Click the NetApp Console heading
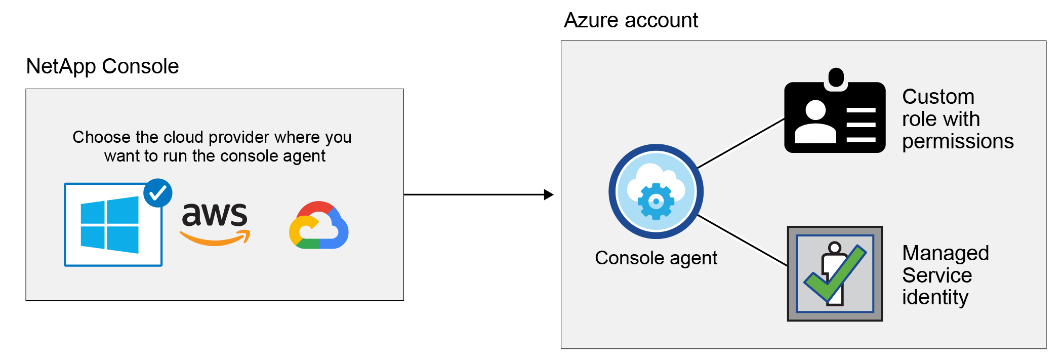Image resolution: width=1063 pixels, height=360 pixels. point(102,66)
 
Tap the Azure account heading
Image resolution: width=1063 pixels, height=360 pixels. point(631,20)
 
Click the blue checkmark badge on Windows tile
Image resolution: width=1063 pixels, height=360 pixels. point(158,193)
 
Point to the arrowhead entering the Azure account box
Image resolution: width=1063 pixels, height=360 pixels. point(549,194)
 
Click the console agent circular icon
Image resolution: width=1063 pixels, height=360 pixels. point(656,191)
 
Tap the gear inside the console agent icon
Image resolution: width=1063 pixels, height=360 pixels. point(656,202)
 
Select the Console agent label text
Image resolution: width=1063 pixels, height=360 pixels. point(656,258)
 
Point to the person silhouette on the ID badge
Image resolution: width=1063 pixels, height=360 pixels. point(815,122)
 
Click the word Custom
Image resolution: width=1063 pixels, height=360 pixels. point(938,97)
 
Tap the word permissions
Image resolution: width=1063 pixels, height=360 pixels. point(958,141)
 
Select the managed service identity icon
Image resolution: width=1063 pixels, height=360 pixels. point(835,273)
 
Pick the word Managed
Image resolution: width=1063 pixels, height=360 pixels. point(945,253)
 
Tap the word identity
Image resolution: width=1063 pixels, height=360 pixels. point(935,297)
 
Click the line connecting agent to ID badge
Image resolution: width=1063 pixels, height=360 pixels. point(741,143)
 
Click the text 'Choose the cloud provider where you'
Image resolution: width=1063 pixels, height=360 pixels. point(212,137)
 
